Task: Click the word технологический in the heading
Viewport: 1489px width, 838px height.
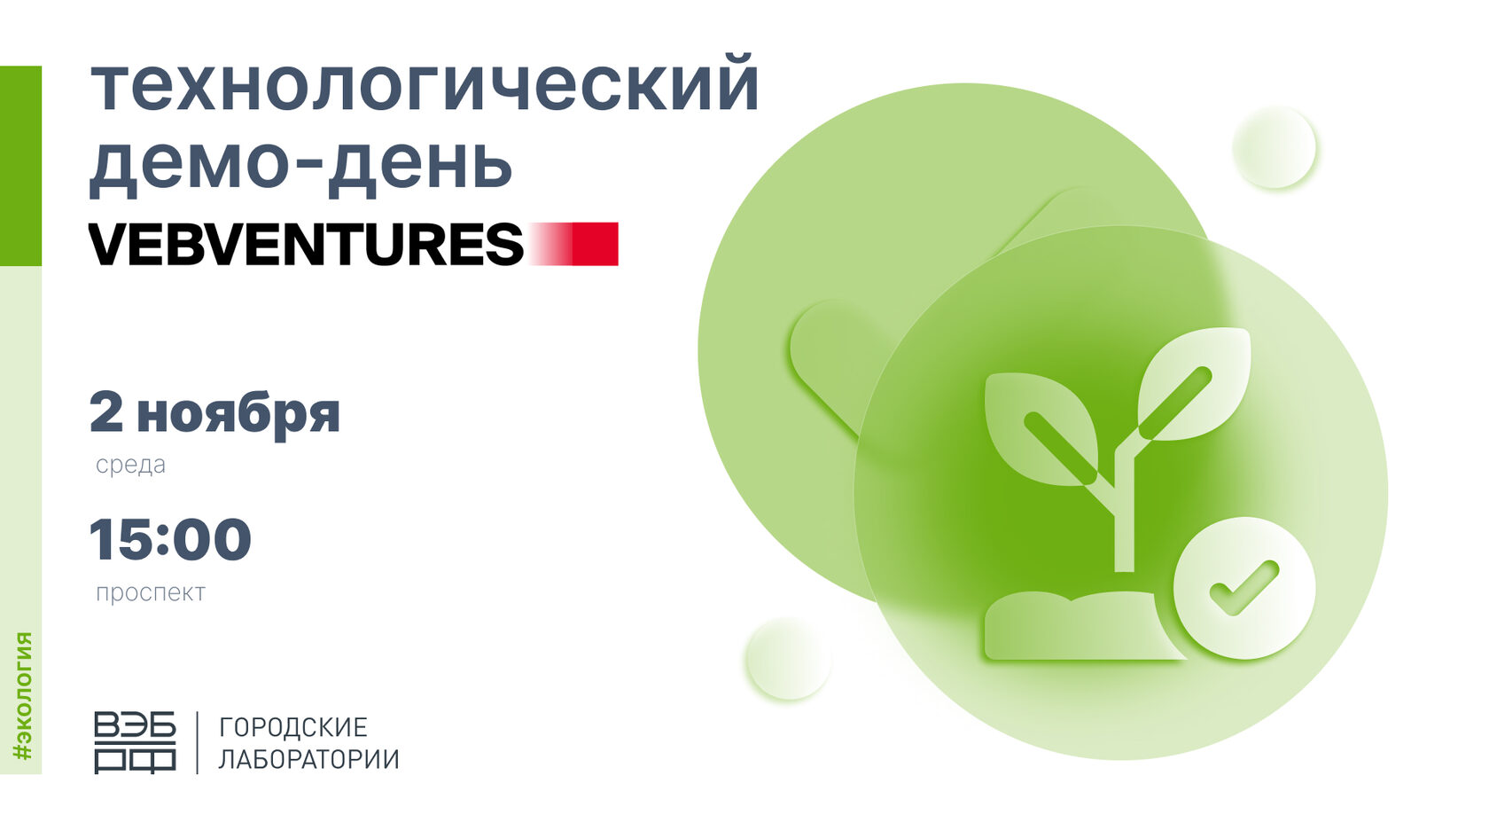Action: coord(425,86)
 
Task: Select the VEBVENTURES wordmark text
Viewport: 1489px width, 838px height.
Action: coord(307,244)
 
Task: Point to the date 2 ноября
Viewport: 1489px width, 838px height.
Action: coord(214,413)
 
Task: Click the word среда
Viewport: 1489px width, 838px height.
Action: coord(130,465)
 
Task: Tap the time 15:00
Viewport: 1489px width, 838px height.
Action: coord(170,539)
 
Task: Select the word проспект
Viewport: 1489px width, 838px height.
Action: coord(151,592)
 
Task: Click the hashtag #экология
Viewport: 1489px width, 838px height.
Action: coord(23,695)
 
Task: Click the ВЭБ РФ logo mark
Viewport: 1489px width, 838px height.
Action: coord(135,742)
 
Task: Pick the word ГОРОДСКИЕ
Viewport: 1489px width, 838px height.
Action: coord(293,727)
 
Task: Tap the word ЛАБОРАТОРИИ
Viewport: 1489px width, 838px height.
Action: coord(309,759)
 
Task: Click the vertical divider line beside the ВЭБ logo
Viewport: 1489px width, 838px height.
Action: coord(198,742)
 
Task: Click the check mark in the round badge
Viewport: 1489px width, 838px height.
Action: coord(1243,587)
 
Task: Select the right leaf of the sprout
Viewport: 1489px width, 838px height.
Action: coord(1194,384)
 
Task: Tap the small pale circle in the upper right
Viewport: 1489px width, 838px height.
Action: coord(1275,147)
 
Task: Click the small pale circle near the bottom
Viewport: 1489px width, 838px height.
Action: coord(788,658)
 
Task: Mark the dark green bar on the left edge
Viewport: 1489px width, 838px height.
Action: coord(20,167)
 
